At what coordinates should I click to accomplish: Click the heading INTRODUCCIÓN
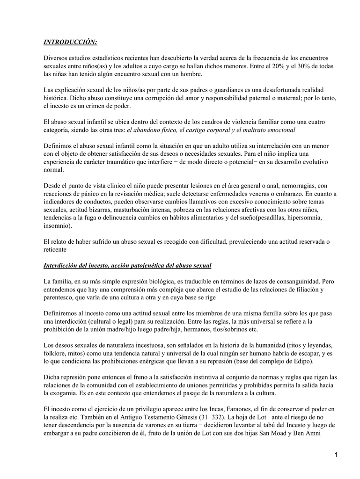70,42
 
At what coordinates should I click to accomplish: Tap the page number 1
336,456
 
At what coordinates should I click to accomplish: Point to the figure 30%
305,66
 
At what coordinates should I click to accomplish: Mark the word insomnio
58,225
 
